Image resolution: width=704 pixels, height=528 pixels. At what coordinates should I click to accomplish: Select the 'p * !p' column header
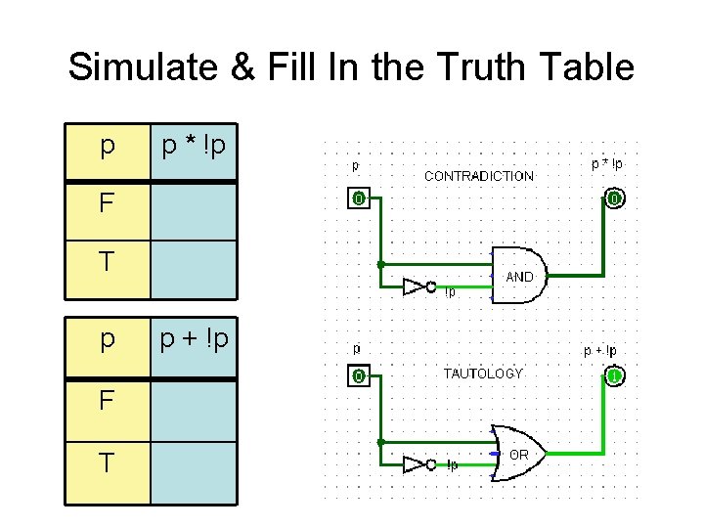tap(194, 149)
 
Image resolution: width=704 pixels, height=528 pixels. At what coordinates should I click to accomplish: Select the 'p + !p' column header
tap(194, 340)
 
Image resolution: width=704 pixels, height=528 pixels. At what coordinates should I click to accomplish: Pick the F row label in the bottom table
tap(107, 401)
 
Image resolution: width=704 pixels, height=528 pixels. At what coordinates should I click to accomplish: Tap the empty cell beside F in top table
tap(194, 210)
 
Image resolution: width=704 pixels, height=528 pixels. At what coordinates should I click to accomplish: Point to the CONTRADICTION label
tap(478, 176)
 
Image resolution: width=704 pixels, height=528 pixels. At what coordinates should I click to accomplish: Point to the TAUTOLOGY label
tap(483, 374)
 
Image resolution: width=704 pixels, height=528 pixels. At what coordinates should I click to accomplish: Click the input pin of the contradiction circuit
tap(359, 199)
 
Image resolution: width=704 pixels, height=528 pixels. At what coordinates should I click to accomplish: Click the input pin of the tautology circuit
tap(359, 376)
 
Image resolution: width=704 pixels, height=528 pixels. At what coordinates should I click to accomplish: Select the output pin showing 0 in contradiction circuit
tap(613, 199)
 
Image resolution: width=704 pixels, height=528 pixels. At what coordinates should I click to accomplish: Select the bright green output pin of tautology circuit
tap(614, 376)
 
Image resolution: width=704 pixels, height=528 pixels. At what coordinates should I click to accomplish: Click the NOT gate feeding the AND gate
tap(418, 286)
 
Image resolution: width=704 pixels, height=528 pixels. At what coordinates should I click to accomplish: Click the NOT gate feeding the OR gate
tap(418, 464)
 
